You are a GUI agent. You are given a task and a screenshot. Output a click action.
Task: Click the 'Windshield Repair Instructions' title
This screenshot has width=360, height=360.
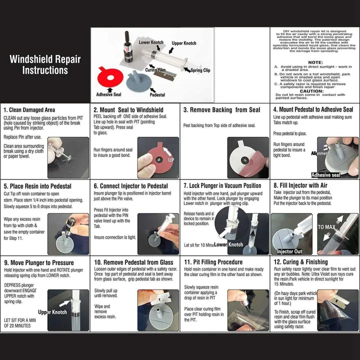tap(45, 64)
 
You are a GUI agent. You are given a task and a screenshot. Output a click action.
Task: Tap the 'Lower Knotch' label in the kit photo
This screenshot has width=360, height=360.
tap(150, 42)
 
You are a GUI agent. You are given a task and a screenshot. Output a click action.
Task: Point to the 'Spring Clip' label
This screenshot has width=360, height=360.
tap(200, 70)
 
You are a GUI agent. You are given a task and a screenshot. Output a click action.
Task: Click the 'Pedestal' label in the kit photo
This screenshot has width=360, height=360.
tap(157, 94)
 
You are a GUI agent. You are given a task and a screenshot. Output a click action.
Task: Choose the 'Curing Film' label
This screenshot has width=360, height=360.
tap(155, 70)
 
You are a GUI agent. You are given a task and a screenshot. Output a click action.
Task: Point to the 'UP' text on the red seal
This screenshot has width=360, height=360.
tap(171, 160)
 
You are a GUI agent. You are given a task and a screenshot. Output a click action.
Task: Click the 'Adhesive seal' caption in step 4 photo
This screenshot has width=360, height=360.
tap(326, 175)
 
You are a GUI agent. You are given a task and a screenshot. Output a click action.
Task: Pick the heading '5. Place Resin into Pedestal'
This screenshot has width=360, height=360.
tap(37, 186)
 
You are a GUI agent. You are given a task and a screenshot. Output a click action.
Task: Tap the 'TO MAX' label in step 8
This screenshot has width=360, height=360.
tap(326, 227)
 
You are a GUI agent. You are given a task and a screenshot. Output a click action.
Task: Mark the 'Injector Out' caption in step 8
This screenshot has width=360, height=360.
tap(289, 251)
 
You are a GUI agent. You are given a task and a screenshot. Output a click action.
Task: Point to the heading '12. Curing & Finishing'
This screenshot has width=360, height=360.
tap(300, 262)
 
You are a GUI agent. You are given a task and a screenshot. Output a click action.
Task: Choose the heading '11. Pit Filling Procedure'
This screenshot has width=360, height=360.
tap(213, 262)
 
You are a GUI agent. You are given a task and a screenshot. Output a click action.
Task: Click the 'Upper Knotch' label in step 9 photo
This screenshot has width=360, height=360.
tap(52, 312)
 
